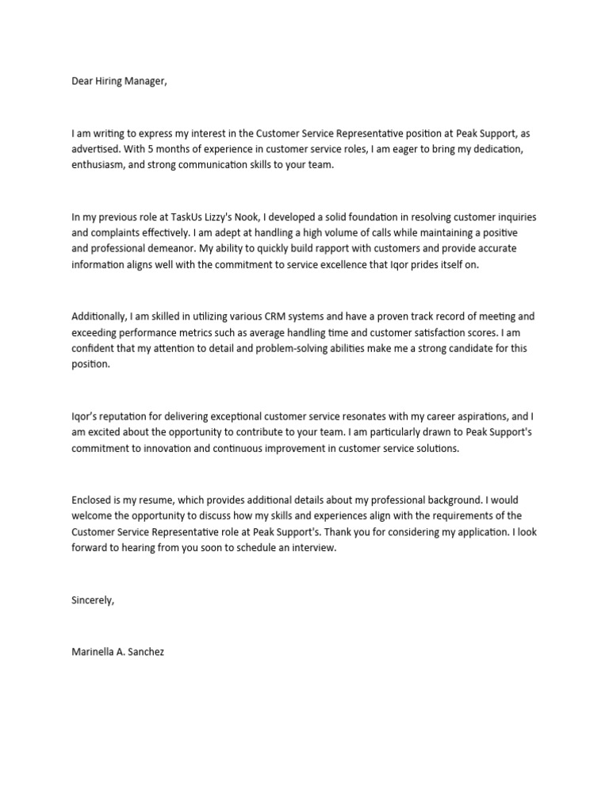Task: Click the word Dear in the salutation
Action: [x=82, y=82]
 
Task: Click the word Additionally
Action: [x=100, y=315]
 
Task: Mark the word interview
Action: [x=312, y=547]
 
